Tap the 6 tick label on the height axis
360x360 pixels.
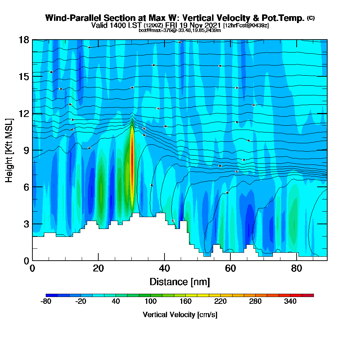pyautogui.click(x=25, y=187)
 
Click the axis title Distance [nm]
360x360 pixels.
pyautogui.click(x=180, y=281)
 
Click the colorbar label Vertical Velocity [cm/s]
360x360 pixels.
pyautogui.click(x=180, y=315)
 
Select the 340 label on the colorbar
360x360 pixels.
pyautogui.click(x=290, y=302)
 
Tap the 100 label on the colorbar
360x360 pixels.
pyautogui.click(x=150, y=302)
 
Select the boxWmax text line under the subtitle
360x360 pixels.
pyautogui.click(x=180, y=30)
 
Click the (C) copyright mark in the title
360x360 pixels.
pyautogui.click(x=311, y=18)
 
